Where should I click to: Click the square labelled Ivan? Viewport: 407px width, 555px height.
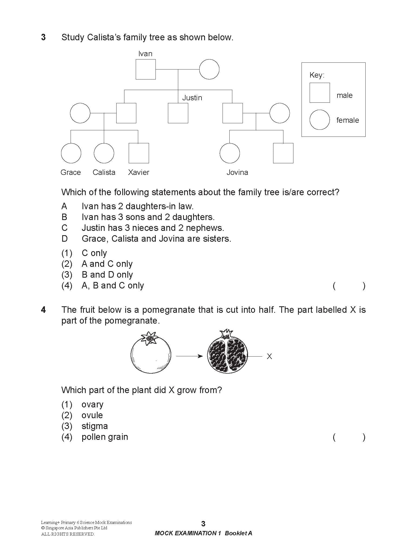coord(145,69)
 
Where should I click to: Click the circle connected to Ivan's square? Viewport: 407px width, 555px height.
coord(209,69)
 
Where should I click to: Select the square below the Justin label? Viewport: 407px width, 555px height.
coord(178,113)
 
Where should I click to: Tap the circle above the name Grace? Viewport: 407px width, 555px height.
coord(71,153)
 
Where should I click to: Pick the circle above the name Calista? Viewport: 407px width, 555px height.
coord(104,153)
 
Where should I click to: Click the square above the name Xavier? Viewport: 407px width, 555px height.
coord(139,153)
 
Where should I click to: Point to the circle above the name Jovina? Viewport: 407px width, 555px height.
coord(230,153)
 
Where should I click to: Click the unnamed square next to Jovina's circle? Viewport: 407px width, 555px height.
coord(283,153)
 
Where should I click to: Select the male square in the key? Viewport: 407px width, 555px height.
coord(319,93)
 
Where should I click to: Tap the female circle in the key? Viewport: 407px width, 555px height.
coord(319,119)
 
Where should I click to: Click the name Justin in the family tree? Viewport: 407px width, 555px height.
coord(192,98)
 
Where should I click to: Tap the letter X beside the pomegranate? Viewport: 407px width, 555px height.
coord(269,357)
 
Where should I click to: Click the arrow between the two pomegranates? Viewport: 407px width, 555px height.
coord(189,356)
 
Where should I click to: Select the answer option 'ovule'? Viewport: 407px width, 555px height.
coord(92,415)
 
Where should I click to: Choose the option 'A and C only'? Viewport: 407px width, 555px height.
coord(107,264)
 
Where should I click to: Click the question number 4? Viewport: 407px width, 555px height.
coord(43,310)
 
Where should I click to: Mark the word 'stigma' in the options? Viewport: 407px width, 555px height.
coord(95,426)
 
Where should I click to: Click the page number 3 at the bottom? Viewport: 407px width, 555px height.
coord(203,524)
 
